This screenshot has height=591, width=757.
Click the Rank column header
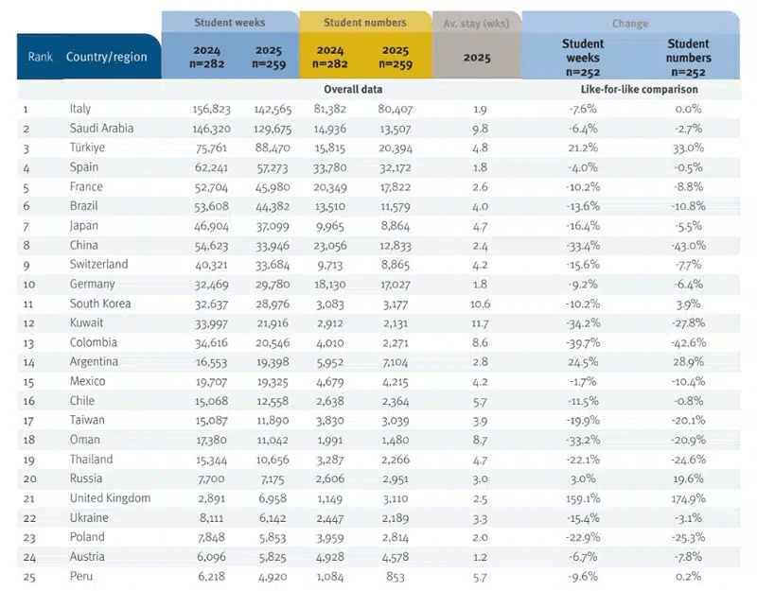(x=40, y=57)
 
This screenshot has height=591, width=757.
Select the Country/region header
(x=106, y=57)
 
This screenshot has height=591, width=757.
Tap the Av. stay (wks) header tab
(x=477, y=23)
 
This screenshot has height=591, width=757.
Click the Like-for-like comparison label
(x=640, y=89)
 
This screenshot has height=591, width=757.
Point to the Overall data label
(x=353, y=89)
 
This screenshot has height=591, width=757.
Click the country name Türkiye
(x=87, y=148)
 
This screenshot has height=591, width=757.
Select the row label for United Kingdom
(x=110, y=498)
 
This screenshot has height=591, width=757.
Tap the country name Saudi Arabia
(x=101, y=129)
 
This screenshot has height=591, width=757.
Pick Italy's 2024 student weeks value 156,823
(x=211, y=110)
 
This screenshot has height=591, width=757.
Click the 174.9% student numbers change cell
(x=689, y=499)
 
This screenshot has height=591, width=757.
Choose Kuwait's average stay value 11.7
(x=480, y=323)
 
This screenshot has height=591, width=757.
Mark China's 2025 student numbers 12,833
(x=396, y=246)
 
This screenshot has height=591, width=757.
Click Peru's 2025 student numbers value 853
(x=396, y=577)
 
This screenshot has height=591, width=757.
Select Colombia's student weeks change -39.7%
(x=583, y=343)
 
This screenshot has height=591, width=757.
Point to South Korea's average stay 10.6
(x=480, y=304)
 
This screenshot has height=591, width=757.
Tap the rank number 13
(x=28, y=343)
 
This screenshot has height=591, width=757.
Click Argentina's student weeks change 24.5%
(x=583, y=362)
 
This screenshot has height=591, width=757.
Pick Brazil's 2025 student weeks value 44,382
(x=273, y=207)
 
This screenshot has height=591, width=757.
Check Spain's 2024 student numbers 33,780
(x=330, y=168)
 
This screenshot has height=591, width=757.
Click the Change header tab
(x=630, y=24)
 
